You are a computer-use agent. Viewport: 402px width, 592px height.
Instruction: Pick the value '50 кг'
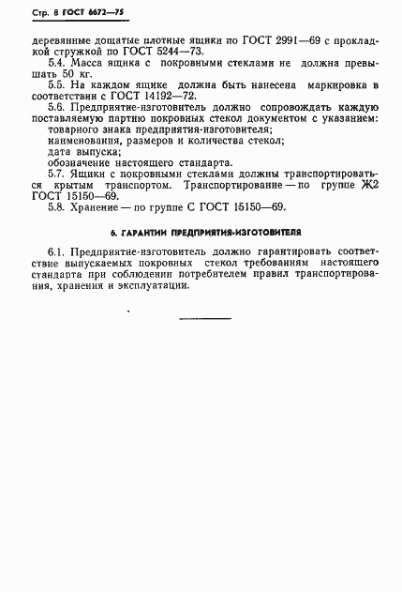pos(75,85)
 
